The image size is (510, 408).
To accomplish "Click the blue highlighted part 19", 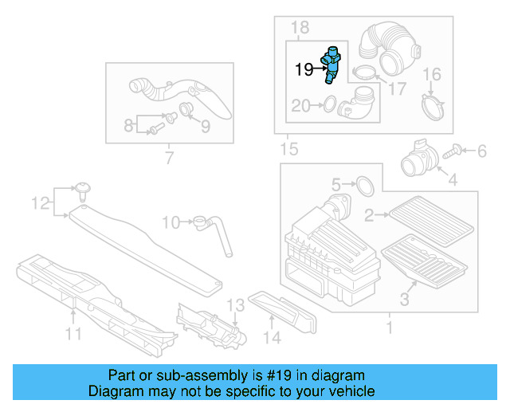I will click(x=330, y=65).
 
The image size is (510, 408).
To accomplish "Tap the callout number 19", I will click(x=304, y=70).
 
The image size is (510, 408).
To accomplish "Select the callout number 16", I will click(x=430, y=76).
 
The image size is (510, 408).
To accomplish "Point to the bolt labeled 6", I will click(x=459, y=148).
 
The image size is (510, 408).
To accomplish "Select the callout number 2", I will click(x=368, y=214).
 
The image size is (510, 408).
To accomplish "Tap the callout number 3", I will click(x=404, y=300).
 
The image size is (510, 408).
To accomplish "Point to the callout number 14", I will click(x=273, y=338).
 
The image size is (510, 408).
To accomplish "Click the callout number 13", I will click(x=234, y=305).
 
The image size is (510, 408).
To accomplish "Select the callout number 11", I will click(x=73, y=335).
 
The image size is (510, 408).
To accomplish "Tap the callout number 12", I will click(x=40, y=205).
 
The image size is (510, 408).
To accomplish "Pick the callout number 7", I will click(x=168, y=159).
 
